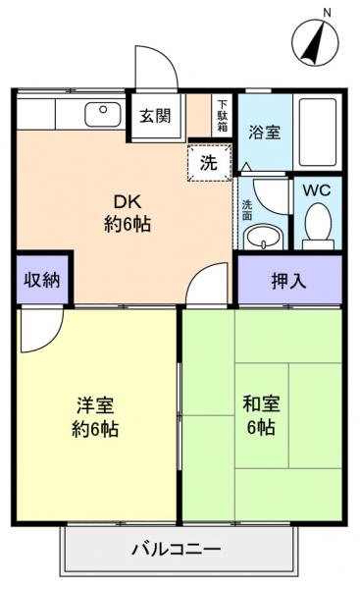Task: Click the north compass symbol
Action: click(x=313, y=42)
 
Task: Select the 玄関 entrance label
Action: click(x=154, y=116)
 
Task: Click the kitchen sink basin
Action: click(x=99, y=112)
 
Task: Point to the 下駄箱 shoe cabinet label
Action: click(x=223, y=116)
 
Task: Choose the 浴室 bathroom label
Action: click(x=264, y=131)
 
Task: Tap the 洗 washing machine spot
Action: click(x=209, y=163)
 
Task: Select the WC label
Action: click(x=316, y=189)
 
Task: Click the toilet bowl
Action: click(x=316, y=225)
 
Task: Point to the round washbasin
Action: click(x=261, y=236)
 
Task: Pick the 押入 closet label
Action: click(x=288, y=280)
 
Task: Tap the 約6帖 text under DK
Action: click(x=128, y=224)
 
